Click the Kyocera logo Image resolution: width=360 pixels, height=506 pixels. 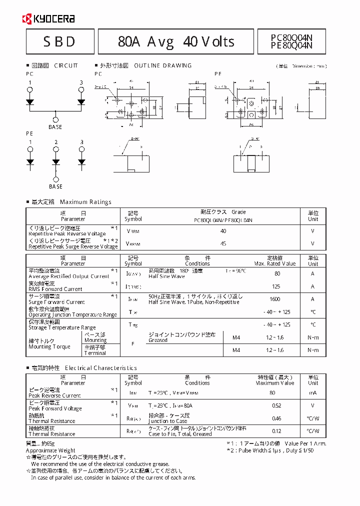click(48, 19)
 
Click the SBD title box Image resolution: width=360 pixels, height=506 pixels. click(60, 41)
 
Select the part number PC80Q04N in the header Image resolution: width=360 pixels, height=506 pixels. click(291, 37)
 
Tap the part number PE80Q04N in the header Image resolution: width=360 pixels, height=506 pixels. click(291, 45)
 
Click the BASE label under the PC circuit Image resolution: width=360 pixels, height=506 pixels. click(55, 127)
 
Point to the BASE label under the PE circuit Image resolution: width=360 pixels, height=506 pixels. click(55, 186)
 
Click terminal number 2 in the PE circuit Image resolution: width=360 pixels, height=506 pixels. click(56, 142)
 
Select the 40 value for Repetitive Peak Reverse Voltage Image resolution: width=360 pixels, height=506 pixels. click(223, 231)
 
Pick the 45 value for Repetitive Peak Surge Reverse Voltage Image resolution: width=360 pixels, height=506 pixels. click(223, 243)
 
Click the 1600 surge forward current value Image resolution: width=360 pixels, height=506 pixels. click(275, 299)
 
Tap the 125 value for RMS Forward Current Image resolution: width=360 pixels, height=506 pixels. click(275, 286)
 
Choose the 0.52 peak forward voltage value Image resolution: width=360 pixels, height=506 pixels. click(275, 405)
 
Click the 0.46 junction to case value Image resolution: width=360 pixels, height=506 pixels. click(275, 418)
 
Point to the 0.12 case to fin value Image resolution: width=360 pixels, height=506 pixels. click(275, 431)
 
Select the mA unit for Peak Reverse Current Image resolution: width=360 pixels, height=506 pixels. click(312, 393)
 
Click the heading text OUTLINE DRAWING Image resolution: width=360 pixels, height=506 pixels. click(163, 65)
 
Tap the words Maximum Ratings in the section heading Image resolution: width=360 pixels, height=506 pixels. click(85, 202)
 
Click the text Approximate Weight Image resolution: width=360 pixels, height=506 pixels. click(50, 450)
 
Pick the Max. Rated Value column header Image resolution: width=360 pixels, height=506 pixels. click(274, 263)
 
